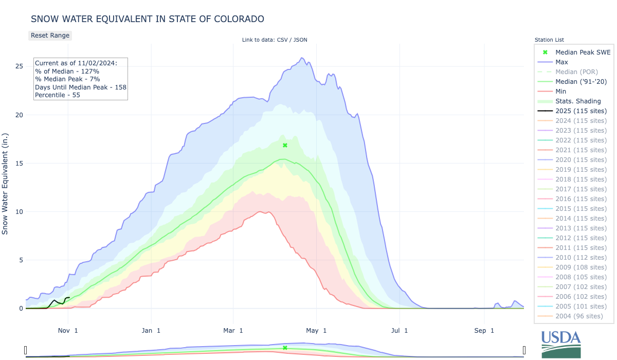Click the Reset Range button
(49, 35)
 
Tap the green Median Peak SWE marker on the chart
(285, 146)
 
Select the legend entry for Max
(562, 62)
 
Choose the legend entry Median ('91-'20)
(582, 82)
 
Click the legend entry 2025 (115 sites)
(581, 111)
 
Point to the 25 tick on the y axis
(19, 66)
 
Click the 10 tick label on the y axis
(19, 212)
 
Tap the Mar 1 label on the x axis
(234, 330)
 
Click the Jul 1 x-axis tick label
(399, 330)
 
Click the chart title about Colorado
(148, 19)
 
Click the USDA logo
(561, 344)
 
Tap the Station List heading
(549, 40)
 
